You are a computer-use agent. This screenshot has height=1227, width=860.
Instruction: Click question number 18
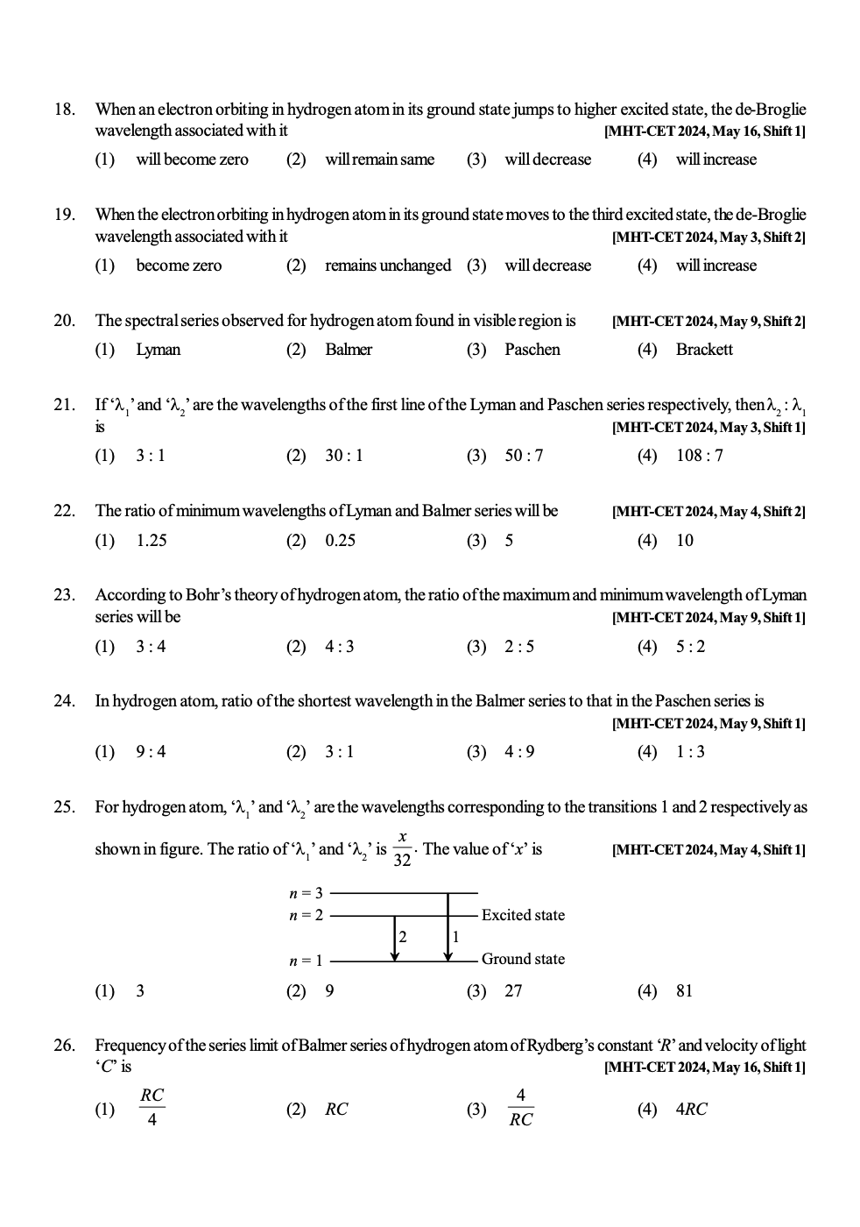click(x=64, y=110)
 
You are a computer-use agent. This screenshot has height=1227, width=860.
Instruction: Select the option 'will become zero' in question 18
click(x=192, y=160)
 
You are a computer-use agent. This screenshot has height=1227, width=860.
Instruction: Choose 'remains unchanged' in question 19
click(x=388, y=266)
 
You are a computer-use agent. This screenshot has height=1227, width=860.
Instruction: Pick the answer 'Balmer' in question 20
click(x=349, y=350)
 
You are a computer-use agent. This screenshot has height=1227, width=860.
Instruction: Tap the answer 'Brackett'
click(x=704, y=350)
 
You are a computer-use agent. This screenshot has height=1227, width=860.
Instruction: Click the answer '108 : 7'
click(x=700, y=456)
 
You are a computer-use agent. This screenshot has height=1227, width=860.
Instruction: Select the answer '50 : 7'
click(x=524, y=456)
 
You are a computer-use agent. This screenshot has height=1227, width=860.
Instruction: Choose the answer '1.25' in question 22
click(x=152, y=541)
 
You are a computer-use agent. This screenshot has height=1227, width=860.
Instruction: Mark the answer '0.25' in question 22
click(x=341, y=541)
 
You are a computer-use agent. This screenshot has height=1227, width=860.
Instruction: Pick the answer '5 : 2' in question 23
click(x=690, y=647)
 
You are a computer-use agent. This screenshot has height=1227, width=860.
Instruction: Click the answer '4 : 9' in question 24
click(x=519, y=752)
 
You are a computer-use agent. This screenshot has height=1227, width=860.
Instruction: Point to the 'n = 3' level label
click(x=306, y=893)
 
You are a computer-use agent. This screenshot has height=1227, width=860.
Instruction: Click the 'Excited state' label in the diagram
click(x=523, y=915)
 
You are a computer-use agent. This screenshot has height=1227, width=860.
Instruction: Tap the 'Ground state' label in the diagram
click(x=523, y=959)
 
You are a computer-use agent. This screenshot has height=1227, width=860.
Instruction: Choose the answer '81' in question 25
click(x=684, y=991)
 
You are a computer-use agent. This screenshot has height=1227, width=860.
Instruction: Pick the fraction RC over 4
click(x=152, y=1108)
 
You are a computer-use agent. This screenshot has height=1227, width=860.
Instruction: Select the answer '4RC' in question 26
click(x=692, y=1110)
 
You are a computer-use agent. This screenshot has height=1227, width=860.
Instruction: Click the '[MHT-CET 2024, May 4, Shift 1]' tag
click(x=708, y=850)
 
